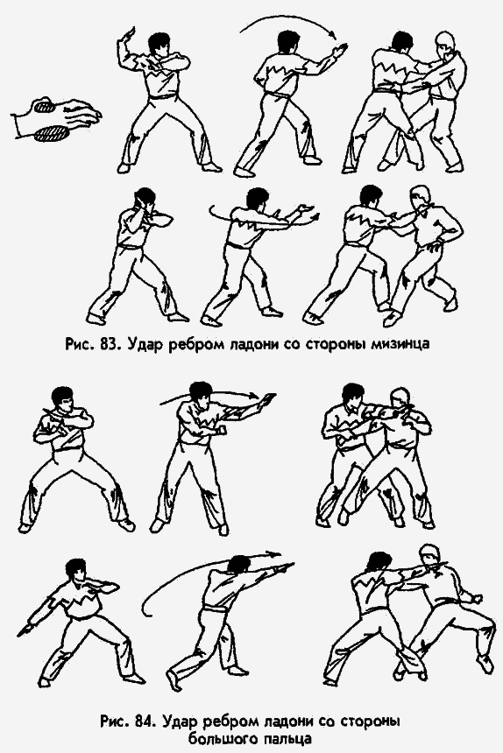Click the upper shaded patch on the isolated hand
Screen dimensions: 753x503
(x=43, y=107)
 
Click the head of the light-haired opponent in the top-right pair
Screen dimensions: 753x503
(x=445, y=41)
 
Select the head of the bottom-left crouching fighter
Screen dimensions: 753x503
(x=75, y=570)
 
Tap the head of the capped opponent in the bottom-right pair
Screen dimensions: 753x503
(x=429, y=556)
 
